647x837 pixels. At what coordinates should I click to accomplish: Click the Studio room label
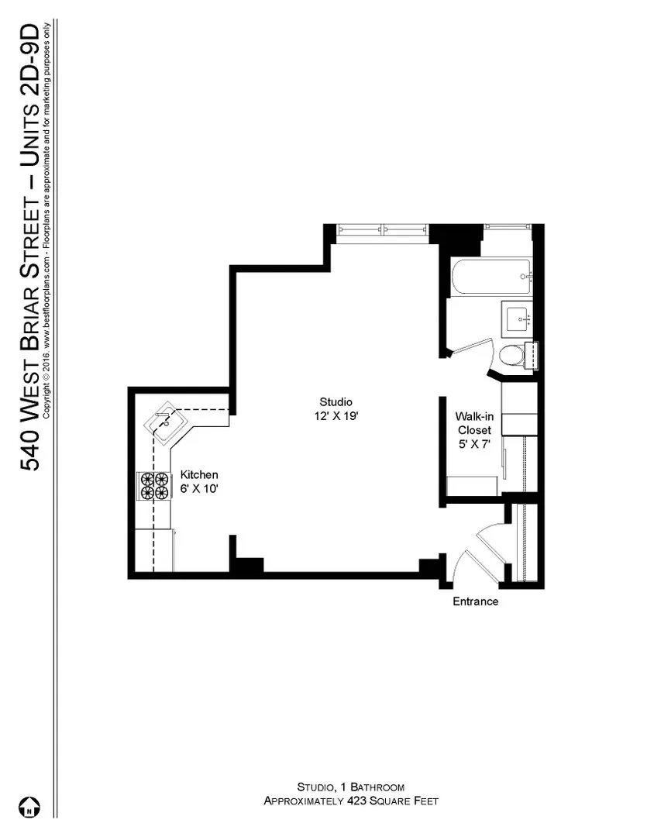[x=336, y=402]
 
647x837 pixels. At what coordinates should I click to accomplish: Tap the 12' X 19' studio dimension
[x=336, y=416]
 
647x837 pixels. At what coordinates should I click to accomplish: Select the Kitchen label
[x=199, y=474]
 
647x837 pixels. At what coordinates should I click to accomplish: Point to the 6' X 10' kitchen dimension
[x=199, y=488]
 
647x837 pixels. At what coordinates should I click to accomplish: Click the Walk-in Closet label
[x=474, y=423]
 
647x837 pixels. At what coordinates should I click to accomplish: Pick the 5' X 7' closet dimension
[x=474, y=443]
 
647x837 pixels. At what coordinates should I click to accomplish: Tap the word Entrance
[x=476, y=601]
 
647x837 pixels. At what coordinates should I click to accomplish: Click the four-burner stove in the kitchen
[x=154, y=486]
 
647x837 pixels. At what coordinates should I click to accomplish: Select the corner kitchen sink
[x=166, y=422]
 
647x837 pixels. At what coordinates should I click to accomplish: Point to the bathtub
[x=490, y=277]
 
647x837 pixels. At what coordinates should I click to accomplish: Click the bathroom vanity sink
[x=517, y=319]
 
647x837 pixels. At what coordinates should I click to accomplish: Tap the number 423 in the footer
[x=357, y=801]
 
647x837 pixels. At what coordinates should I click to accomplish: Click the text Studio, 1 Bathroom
[x=351, y=787]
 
